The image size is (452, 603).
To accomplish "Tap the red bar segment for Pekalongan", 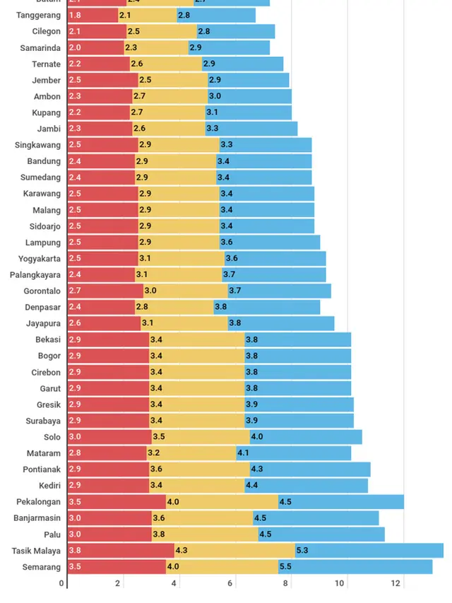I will (117, 502).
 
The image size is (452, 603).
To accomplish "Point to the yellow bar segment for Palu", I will (205, 534).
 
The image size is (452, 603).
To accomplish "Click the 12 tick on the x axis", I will (397, 583).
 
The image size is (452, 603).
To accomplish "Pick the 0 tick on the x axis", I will (62, 583).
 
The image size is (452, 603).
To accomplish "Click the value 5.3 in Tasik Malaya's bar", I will (303, 551).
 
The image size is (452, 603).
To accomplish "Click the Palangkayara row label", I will (35, 275).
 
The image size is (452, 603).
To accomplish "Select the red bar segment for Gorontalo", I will (105, 291).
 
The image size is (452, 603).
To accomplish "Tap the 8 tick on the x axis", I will (285, 583).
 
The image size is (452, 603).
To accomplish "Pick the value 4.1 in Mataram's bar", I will (243, 453).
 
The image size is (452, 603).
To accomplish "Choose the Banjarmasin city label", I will (37, 518).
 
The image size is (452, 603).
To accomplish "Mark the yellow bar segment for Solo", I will (200, 437).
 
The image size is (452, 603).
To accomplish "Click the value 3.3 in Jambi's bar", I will (212, 129).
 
